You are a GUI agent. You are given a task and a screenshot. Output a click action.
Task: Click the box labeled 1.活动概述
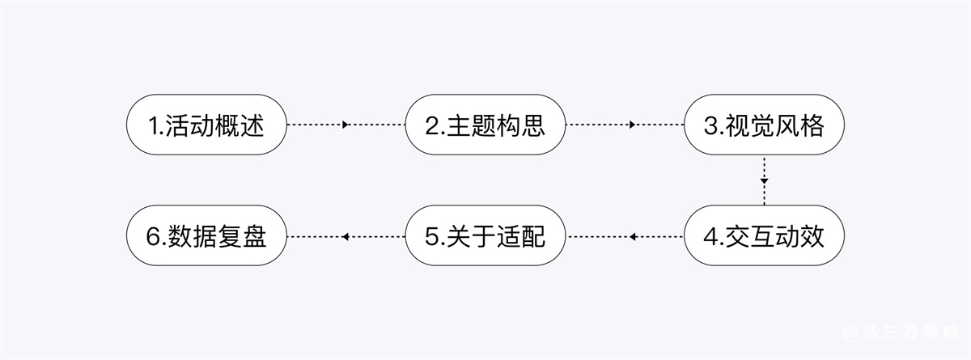[x=206, y=125]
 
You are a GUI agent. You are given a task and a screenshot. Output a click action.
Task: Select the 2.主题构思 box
[x=485, y=125]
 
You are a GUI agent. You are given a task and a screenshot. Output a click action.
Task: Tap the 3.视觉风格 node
[x=764, y=125]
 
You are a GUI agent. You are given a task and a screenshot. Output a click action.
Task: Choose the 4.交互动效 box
[x=764, y=235]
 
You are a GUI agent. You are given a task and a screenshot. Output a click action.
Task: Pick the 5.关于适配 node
[x=485, y=235]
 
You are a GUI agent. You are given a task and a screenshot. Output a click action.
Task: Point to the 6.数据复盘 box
[x=206, y=235]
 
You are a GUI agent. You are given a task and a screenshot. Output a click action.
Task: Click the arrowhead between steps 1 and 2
[x=346, y=125]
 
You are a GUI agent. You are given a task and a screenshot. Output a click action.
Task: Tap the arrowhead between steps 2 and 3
[x=633, y=125]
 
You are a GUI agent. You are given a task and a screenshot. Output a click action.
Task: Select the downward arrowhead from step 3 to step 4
[x=764, y=181]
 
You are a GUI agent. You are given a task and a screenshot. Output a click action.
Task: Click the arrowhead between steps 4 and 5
[x=633, y=236]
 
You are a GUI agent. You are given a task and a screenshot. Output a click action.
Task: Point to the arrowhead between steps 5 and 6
[x=346, y=236]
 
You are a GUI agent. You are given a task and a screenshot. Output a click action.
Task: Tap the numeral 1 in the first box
[x=154, y=126]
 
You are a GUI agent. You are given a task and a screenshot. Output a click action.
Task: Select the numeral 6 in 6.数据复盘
[x=154, y=236]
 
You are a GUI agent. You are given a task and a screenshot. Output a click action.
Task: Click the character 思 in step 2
[x=532, y=125]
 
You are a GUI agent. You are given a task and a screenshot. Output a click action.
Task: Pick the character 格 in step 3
[x=812, y=125]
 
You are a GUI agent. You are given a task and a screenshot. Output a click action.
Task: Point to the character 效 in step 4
[x=812, y=236]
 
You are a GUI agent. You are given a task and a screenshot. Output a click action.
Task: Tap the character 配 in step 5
[x=532, y=236]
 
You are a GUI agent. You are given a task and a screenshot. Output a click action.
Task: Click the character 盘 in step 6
[x=254, y=236]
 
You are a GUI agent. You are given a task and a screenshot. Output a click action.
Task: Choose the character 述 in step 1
[x=252, y=125]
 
